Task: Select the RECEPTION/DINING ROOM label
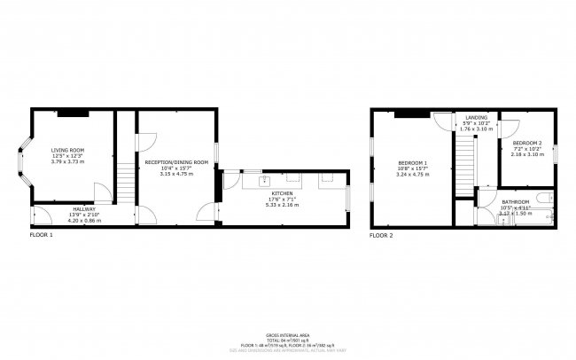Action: point(176,162)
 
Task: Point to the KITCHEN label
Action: point(283,192)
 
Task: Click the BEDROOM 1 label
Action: point(413,163)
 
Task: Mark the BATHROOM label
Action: point(516,202)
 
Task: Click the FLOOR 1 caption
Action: point(42,236)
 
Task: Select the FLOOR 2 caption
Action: point(381,236)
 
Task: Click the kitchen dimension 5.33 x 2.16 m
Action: point(283,205)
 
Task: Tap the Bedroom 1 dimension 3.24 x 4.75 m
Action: point(413,175)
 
